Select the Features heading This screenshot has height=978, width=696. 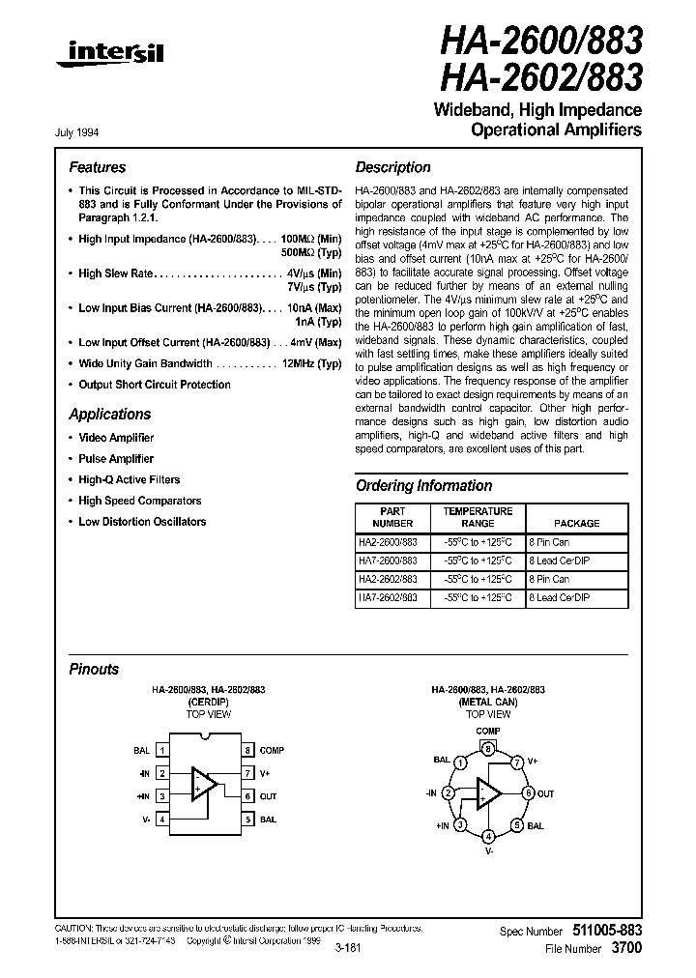97,167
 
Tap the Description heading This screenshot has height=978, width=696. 392,167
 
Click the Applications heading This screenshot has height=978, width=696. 109,415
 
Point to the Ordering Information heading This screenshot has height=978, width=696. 423,486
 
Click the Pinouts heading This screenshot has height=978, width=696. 94,669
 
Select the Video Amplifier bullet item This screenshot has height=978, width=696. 115,438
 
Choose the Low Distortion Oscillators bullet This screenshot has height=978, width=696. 142,522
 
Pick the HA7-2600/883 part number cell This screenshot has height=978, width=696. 388,561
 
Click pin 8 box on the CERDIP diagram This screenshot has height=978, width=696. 247,750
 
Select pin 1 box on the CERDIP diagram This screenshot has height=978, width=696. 162,750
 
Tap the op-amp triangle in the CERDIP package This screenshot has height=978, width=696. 204,784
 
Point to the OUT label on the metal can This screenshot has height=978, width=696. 545,793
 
